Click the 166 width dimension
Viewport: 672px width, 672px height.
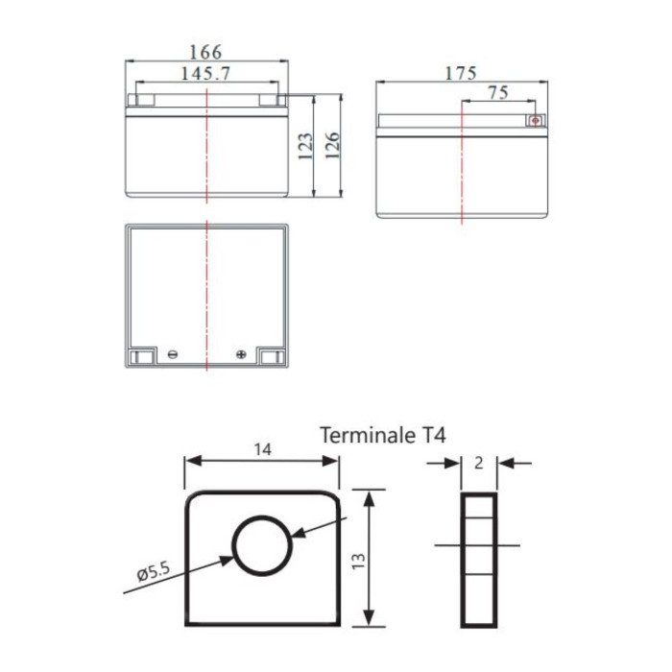point(206,51)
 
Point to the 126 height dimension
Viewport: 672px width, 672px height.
point(332,147)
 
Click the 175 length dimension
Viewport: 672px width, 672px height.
point(461,73)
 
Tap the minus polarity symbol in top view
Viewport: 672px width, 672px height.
point(172,354)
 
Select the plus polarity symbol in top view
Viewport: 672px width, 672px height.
point(240,354)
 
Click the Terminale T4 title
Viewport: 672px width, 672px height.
point(382,436)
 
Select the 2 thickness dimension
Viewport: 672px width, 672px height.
point(478,463)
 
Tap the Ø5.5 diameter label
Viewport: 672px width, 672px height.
point(154,573)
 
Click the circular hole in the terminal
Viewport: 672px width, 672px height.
point(261,545)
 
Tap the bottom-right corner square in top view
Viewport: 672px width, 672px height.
point(273,357)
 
